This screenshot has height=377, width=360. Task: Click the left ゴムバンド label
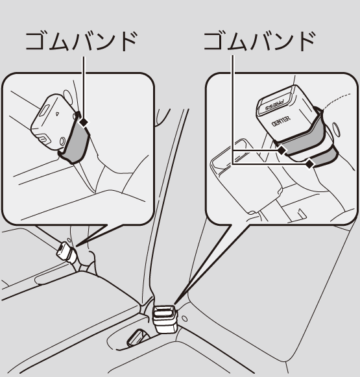coord(82,42)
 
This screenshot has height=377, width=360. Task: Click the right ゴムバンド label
coord(259,42)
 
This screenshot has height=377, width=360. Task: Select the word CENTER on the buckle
coord(281,121)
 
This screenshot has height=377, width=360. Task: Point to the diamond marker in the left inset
coord(84,123)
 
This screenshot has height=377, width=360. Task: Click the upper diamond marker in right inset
coord(281,151)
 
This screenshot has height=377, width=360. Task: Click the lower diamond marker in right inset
coord(310,164)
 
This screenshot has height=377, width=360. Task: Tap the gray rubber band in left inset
coord(75,142)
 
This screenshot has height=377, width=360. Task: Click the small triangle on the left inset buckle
coord(57,114)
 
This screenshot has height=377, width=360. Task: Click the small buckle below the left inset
coord(66,252)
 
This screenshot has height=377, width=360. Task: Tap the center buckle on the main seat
coord(165,319)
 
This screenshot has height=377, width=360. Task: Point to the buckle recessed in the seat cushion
coord(136,337)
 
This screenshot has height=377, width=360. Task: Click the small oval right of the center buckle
coord(185,319)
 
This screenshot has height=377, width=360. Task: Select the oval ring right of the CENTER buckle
coord(336,129)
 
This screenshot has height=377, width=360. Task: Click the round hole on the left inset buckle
coord(62,141)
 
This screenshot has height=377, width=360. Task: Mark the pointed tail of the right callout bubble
coord(175,304)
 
